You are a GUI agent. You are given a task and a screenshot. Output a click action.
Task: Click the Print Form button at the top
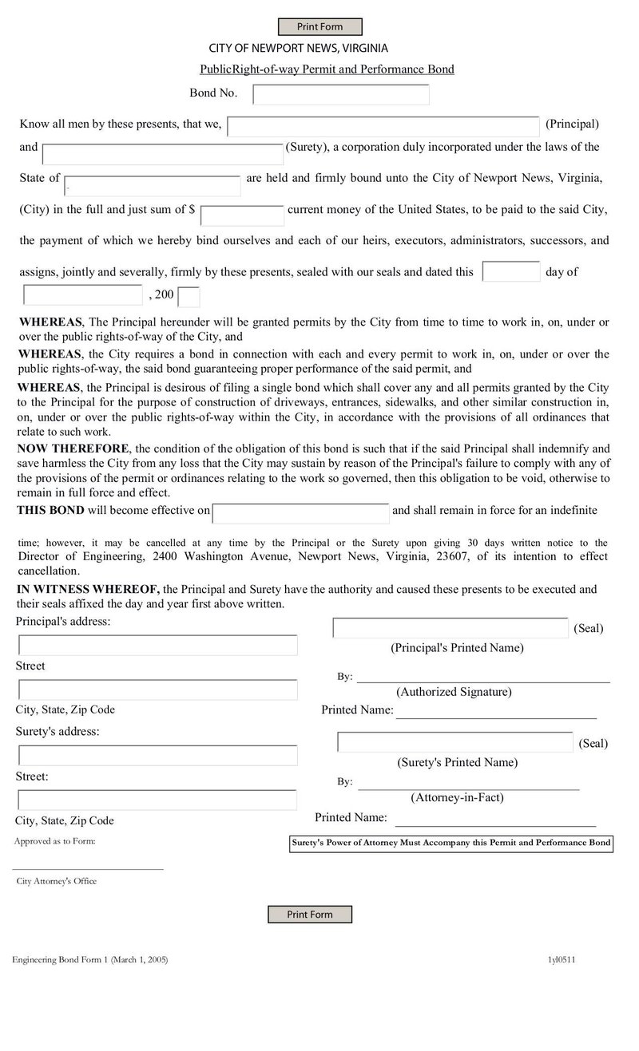319,27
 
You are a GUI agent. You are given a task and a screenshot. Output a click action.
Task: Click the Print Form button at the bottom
309,914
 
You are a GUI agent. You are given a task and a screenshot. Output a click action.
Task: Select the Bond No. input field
341,94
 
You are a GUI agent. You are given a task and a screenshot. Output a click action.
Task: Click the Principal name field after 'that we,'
383,126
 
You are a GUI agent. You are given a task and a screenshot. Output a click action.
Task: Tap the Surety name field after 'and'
163,154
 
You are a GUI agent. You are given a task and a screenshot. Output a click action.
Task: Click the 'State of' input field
153,185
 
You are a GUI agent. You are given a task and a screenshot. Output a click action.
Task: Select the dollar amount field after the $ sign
242,215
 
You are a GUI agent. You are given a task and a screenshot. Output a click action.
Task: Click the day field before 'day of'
511,271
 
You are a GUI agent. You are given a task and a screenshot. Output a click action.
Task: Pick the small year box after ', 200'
189,297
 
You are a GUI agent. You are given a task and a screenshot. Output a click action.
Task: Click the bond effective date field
301,512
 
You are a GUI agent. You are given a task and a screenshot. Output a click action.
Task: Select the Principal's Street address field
158,645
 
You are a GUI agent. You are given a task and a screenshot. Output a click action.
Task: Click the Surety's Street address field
158,755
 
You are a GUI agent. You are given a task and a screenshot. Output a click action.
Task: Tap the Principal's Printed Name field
450,628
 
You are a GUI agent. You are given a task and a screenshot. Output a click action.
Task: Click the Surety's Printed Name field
455,741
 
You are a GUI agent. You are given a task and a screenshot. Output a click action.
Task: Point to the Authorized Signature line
483,678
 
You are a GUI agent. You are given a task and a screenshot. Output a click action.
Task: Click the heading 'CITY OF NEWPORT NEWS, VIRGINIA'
299,48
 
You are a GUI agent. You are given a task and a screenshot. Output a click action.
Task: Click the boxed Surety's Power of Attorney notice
450,843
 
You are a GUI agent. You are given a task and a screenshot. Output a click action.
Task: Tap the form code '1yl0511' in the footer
562,960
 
